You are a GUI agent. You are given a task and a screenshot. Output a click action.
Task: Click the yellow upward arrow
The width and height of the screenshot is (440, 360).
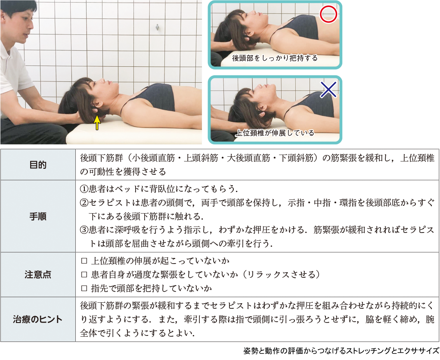click(x=97, y=123)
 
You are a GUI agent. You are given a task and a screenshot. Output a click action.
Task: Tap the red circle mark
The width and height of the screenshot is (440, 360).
click(x=328, y=14)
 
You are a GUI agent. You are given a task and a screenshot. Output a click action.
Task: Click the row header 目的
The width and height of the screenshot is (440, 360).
click(x=38, y=164)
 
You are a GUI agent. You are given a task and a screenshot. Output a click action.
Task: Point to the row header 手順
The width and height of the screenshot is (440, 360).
click(x=38, y=216)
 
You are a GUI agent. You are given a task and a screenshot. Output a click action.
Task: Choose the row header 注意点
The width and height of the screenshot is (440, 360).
click(x=38, y=274)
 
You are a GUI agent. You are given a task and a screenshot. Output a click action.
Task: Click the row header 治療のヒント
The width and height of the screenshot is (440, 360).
click(x=38, y=320)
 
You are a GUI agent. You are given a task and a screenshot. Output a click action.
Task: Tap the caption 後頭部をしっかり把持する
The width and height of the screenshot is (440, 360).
click(x=275, y=58)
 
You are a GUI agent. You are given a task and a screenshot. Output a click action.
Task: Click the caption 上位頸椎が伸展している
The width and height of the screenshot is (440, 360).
click(x=275, y=133)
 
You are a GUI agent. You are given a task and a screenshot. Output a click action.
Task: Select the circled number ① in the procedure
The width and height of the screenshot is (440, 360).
click(x=84, y=189)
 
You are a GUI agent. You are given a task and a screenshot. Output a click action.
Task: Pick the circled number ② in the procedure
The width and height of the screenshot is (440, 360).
click(x=84, y=202)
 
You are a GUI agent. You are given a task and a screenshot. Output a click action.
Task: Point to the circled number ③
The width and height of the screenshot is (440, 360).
click(x=84, y=230)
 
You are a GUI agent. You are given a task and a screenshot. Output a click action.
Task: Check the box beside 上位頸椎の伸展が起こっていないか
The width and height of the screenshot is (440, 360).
click(x=84, y=261)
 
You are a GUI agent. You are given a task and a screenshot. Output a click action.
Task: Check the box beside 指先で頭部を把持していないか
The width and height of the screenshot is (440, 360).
click(x=84, y=288)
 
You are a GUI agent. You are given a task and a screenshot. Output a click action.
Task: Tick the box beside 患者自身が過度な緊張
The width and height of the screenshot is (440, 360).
click(x=84, y=274)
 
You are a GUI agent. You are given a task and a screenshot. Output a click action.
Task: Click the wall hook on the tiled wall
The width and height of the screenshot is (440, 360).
click(x=157, y=27)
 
